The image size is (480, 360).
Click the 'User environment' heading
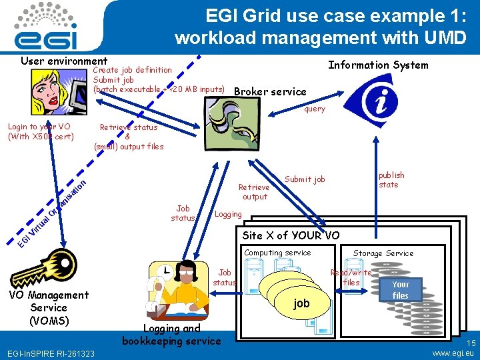[64, 61]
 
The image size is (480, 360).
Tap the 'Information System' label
[378, 65]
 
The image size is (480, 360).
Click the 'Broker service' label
[271, 92]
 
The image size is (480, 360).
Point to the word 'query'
[315, 109]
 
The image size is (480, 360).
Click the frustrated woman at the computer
[57, 93]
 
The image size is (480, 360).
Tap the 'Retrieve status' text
[129, 127]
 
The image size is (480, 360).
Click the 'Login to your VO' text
[39, 127]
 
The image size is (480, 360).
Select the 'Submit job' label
[305, 179]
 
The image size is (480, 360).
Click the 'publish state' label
[391, 180]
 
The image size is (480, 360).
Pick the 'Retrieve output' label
[255, 192]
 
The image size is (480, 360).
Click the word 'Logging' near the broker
[228, 215]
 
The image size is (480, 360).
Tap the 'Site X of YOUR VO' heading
[291, 235]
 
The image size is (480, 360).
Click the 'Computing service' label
[277, 253]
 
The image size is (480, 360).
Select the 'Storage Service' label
[383, 253]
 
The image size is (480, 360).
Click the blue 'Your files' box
[400, 290]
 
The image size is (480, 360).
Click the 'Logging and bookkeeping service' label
[171, 335]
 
